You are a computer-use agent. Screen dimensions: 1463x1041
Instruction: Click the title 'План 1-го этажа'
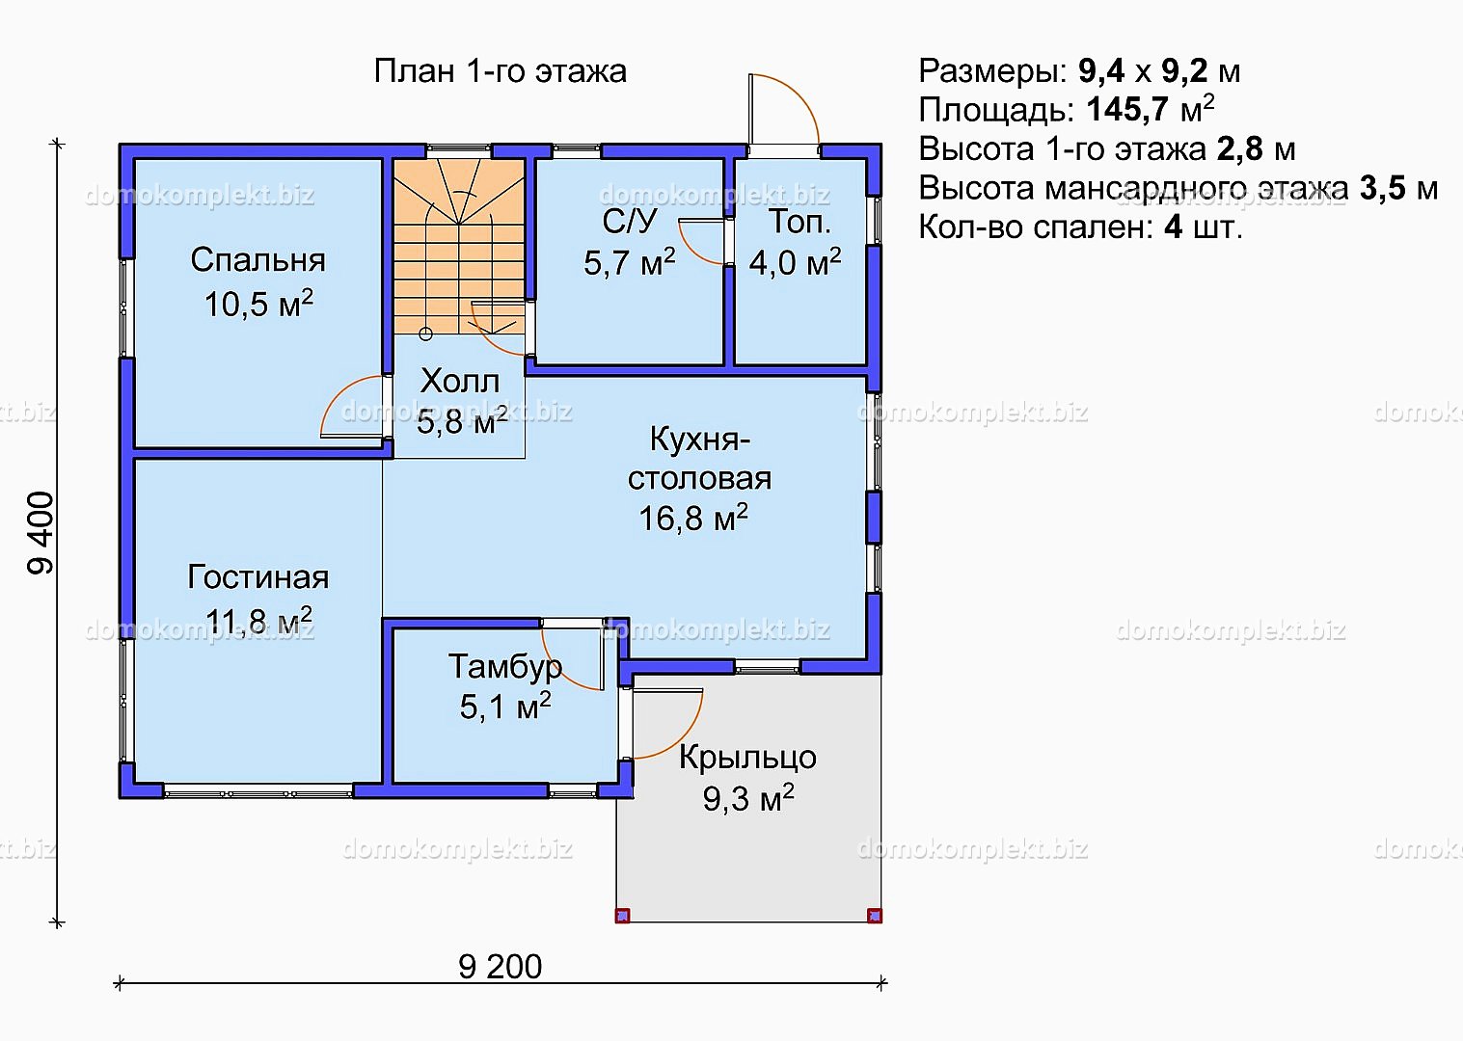click(501, 71)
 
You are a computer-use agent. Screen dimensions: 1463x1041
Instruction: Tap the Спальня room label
click(258, 259)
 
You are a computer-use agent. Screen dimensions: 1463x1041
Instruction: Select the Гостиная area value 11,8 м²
click(258, 620)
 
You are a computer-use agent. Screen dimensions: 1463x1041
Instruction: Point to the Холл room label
click(460, 381)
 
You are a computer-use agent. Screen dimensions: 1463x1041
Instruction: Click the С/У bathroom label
click(629, 222)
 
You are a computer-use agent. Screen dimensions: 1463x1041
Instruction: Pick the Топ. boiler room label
click(800, 222)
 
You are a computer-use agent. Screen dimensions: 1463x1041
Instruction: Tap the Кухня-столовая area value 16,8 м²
click(693, 518)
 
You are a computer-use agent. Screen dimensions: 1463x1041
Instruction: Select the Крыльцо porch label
click(747, 758)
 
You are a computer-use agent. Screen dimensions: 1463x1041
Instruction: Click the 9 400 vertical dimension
click(41, 533)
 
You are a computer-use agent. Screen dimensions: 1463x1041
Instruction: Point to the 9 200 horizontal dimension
click(501, 967)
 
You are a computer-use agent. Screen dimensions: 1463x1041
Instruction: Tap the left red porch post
click(622, 916)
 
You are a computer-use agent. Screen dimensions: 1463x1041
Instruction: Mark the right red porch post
click(875, 916)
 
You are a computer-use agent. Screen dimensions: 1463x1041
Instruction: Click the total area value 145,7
click(1126, 110)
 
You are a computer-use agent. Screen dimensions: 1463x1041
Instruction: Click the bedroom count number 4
click(1174, 227)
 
